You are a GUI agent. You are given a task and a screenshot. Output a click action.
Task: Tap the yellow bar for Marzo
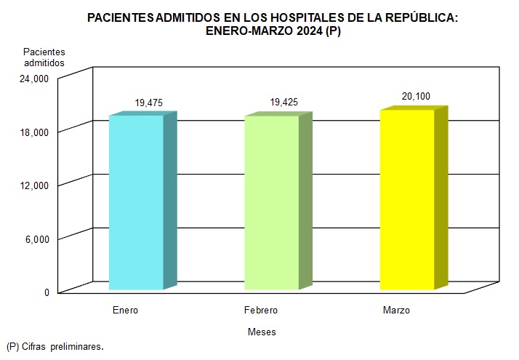coord(406,199)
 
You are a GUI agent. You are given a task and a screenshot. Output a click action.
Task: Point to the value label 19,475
coord(148,103)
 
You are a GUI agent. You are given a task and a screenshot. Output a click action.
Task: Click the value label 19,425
coord(283,103)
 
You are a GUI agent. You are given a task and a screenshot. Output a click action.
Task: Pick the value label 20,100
coord(417,96)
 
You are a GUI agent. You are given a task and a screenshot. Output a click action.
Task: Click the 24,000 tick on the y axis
coord(33,79)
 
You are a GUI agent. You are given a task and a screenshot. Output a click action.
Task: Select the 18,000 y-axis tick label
coord(33,132)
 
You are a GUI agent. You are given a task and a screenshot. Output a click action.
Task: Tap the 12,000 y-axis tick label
coord(33,185)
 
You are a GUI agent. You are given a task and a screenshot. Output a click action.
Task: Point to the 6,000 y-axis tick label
coord(36,239)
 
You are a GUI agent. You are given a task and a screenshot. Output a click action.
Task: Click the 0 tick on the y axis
coord(46,292)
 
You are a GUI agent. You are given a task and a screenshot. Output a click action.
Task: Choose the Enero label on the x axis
coord(125,311)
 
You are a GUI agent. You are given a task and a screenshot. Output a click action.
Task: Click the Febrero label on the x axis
coord(261,311)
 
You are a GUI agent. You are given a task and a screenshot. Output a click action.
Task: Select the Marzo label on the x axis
coord(396,311)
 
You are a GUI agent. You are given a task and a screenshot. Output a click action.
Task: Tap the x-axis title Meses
coord(262,332)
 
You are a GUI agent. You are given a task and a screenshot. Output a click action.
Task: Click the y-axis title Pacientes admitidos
coord(44,57)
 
